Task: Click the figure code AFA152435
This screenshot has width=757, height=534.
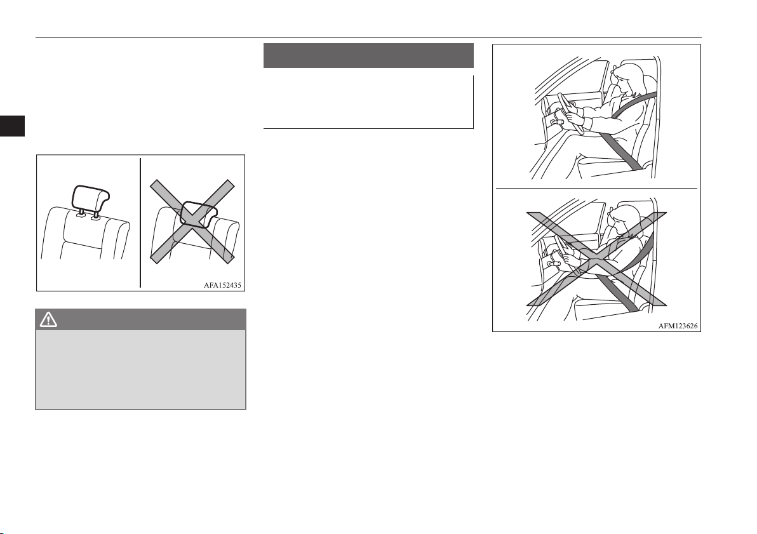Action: coord(222,285)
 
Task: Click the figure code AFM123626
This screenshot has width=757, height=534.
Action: coord(678,326)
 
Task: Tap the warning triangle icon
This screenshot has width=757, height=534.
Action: coord(48,319)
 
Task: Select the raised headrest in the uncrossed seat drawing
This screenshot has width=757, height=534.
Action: coord(90,196)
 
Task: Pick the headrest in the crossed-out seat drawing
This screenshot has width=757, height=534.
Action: coord(199,214)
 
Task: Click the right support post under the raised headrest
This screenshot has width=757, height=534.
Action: coord(96,215)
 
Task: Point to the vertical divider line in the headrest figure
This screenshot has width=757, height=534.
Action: coord(140,223)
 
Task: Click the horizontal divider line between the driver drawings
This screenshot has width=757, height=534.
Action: coord(596,188)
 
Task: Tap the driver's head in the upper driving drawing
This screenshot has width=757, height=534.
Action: coord(627,79)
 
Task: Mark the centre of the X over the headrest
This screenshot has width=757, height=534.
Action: coord(192,222)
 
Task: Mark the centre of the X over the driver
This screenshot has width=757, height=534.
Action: coord(596,259)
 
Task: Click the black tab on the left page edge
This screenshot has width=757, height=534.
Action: coord(12,126)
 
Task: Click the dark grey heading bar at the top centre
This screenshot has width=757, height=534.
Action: coord(368,55)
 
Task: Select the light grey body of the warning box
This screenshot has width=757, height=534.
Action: coord(140,370)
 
